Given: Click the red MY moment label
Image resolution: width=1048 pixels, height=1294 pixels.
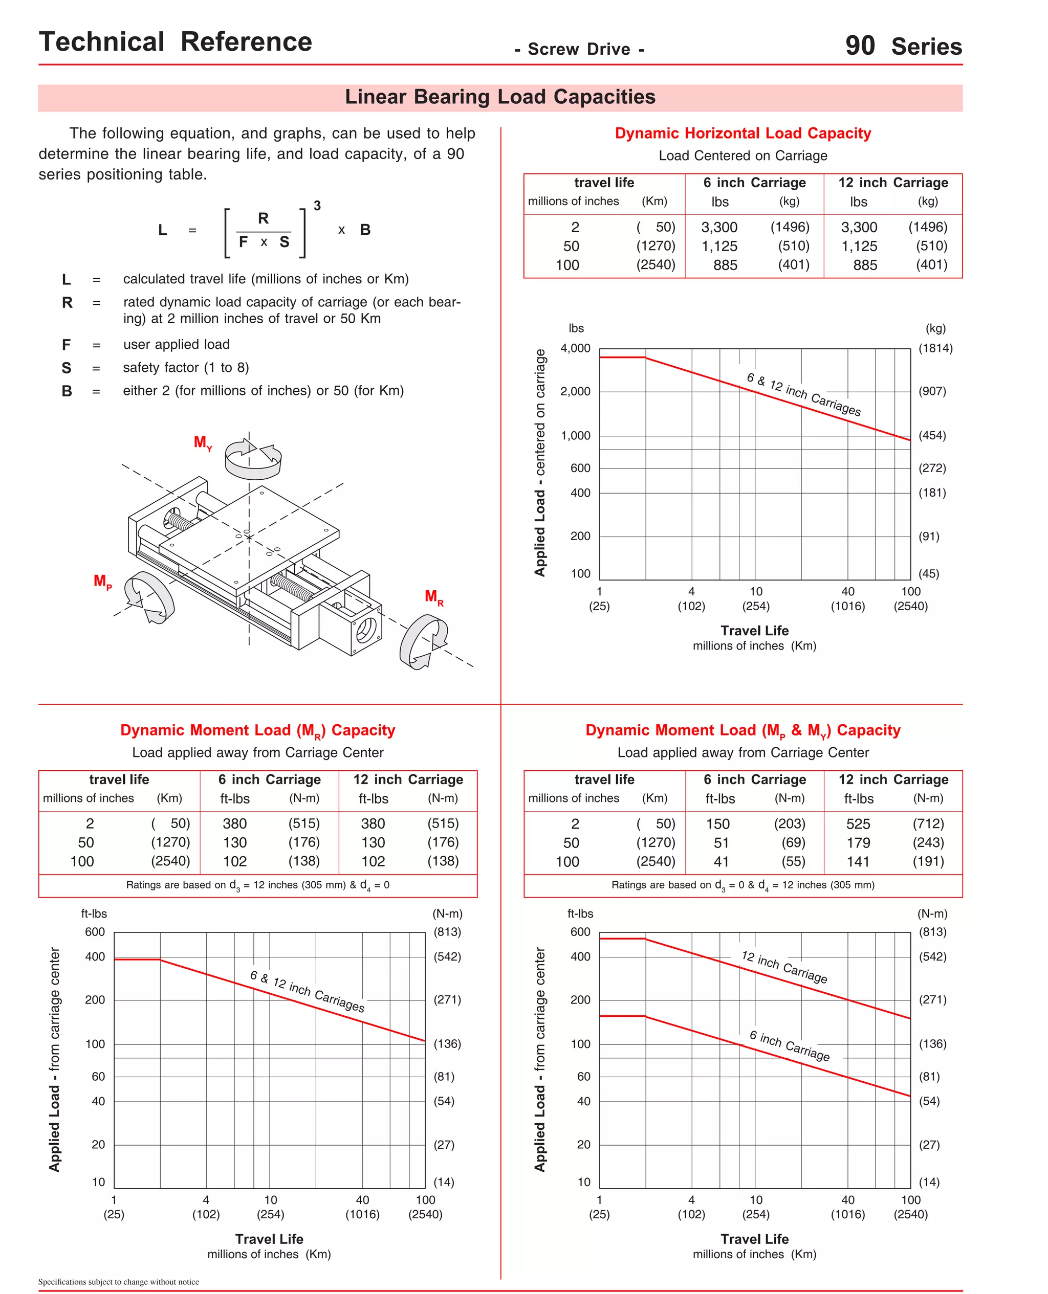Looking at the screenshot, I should click(202, 443).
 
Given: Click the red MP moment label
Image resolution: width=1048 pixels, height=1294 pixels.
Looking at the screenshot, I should click(102, 582).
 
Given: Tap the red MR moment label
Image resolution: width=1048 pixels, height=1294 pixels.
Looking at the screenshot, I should click(433, 597).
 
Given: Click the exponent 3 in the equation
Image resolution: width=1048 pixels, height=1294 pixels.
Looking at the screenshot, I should click(317, 206).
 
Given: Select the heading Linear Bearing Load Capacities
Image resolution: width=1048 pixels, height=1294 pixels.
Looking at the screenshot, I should click(500, 97).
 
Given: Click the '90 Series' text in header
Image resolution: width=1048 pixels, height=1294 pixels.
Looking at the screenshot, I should click(903, 46).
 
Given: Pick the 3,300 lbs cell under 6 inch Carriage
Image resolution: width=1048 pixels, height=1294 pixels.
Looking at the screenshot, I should click(719, 228).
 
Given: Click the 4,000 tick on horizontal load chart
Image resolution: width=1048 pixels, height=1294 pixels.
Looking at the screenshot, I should click(575, 348).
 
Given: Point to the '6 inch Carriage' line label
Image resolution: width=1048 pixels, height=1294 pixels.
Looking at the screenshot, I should click(790, 1045).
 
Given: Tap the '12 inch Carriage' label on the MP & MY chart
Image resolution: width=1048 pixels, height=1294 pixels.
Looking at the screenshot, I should click(784, 967).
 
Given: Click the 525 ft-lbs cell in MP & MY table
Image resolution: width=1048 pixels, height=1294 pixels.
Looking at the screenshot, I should click(858, 824).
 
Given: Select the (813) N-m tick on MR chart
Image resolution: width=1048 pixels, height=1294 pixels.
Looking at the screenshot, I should click(447, 932).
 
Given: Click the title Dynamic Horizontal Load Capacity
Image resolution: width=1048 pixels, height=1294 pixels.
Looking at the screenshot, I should click(743, 133).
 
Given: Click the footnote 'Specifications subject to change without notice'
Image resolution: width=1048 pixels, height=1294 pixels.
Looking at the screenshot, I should click(118, 1281).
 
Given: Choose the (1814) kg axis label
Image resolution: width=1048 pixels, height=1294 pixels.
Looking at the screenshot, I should click(935, 348).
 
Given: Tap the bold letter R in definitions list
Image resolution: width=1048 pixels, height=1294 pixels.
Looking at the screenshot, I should click(67, 302).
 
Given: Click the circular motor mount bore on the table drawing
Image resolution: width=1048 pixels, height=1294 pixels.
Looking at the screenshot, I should click(365, 631).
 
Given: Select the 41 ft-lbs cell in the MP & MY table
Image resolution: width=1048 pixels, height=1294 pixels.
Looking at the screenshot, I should click(721, 861).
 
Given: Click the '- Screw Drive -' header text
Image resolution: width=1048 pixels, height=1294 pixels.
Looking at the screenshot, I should click(579, 50).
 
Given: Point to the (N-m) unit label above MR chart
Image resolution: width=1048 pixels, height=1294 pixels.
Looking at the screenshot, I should click(447, 913).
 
